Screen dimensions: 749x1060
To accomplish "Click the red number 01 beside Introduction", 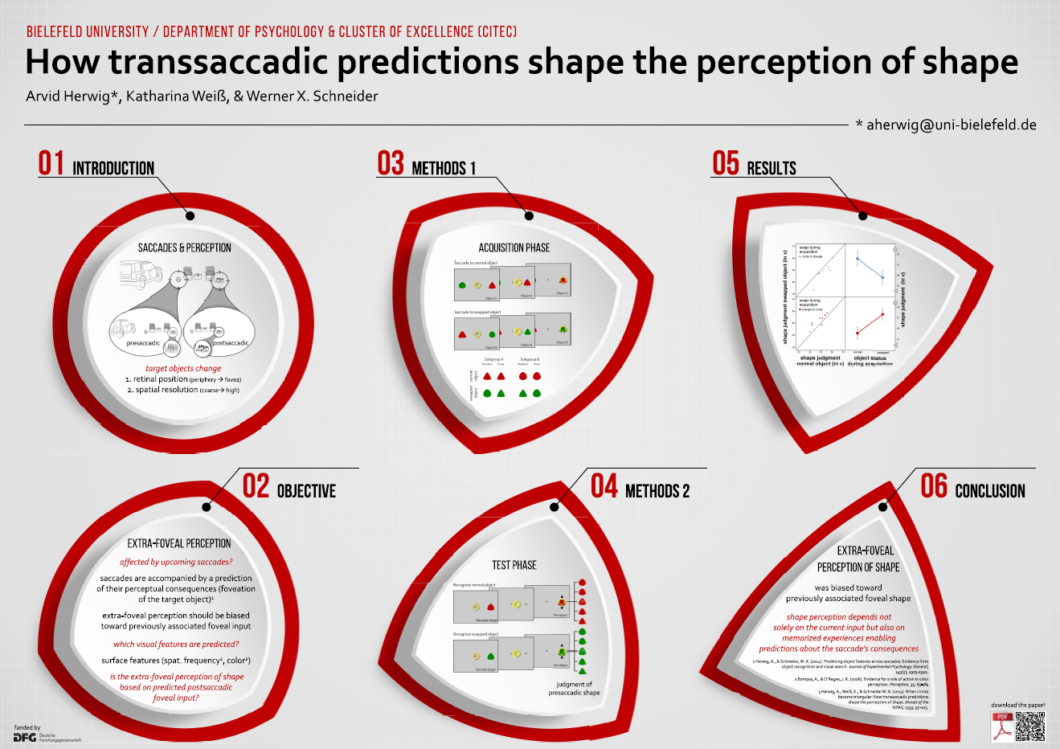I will [x=51, y=163].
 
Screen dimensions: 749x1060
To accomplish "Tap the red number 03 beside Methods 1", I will [x=391, y=163].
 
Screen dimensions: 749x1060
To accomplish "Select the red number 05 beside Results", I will [x=725, y=163].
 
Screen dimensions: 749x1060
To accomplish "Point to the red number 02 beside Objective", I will [x=256, y=486].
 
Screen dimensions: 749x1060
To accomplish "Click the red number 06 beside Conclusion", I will [x=934, y=486].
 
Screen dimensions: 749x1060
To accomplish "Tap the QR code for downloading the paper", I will [x=1029, y=726].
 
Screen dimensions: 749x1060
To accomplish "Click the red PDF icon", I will [x=1002, y=726].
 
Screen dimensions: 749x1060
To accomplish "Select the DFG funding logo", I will [x=25, y=737].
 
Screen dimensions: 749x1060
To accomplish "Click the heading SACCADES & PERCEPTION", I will [x=184, y=248].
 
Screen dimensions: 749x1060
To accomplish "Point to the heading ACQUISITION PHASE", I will [x=514, y=248].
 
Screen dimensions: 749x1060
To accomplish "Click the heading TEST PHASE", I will [x=514, y=565].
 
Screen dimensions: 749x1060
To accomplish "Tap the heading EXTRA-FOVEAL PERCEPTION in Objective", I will [x=179, y=543].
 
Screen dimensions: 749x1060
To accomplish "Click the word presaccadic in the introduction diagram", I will [x=143, y=343].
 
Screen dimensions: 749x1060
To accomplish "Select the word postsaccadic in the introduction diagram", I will [x=230, y=343].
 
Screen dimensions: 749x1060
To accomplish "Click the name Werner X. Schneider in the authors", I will [x=312, y=96].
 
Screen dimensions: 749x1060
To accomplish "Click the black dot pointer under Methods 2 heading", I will [x=554, y=506].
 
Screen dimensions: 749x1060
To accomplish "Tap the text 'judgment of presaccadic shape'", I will [x=574, y=689].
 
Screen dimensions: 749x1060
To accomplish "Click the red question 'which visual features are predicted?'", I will [x=176, y=644].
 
